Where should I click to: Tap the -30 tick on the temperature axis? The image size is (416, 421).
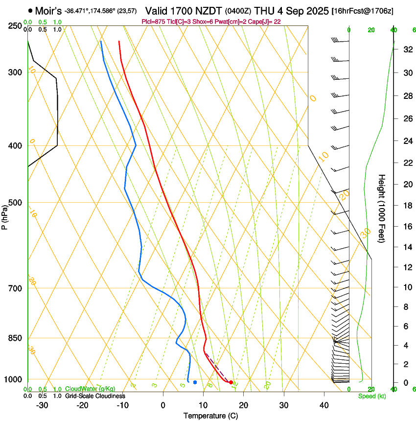click(43, 405)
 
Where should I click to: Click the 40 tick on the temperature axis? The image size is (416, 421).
click(324, 405)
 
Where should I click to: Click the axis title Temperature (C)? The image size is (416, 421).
click(210, 416)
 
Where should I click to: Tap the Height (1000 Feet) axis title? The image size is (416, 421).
click(382, 209)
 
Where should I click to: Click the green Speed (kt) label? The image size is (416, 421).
click(371, 396)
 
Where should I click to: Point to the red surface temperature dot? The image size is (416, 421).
click(231, 382)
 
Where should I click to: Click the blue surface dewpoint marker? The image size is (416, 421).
click(195, 382)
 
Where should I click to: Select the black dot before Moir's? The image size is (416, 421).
click(30, 10)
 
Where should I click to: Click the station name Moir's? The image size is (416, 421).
click(48, 10)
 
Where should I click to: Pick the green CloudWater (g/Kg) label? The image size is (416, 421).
click(90, 389)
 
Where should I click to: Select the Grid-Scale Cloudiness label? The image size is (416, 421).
click(95, 396)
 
